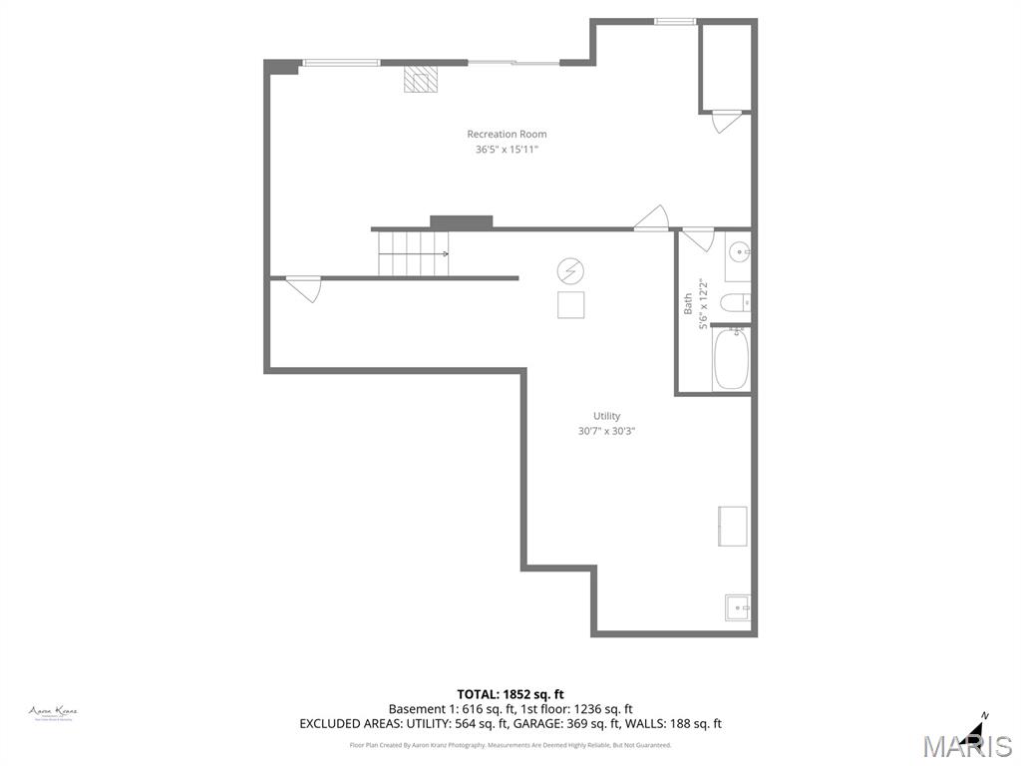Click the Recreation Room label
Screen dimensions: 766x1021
coord(507,134)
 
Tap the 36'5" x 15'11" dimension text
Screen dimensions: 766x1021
coord(507,150)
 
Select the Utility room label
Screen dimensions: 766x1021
coord(606,416)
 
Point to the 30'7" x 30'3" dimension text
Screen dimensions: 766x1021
coord(606,431)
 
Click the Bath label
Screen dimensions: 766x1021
coord(688,304)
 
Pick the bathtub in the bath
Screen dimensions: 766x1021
coord(731,360)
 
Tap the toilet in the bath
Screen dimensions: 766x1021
coord(736,303)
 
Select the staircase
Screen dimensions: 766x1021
coord(413,253)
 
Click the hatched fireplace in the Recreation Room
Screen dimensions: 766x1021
coord(420,80)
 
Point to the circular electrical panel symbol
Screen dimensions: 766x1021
coord(570,270)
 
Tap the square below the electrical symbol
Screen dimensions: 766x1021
coord(570,305)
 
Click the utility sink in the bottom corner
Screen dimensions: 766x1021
coord(738,606)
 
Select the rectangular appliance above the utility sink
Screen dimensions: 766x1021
coord(733,526)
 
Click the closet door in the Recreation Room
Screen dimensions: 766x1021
coord(726,122)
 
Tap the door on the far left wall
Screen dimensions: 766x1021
coord(303,289)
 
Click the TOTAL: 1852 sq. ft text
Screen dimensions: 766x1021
coord(510,694)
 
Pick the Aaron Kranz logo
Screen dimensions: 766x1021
coord(53,712)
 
